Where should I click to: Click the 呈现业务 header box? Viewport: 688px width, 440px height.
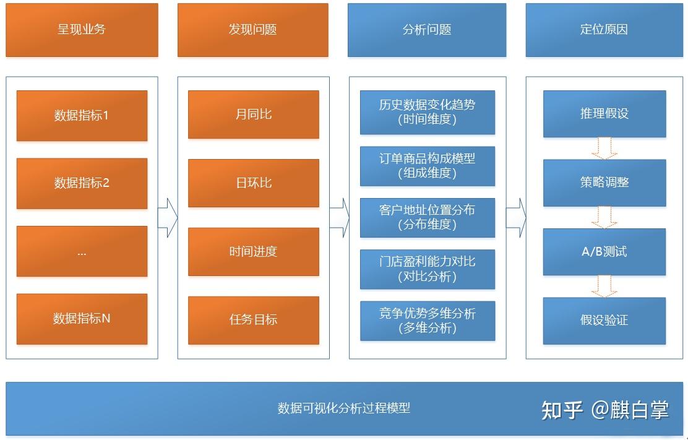click(82, 30)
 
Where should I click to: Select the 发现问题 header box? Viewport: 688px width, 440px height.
click(252, 30)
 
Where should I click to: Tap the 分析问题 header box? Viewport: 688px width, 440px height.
click(427, 30)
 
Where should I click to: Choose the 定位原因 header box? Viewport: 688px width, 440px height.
click(604, 30)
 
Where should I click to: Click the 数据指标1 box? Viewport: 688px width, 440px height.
click(82, 116)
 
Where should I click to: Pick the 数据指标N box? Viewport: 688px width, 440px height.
click(82, 319)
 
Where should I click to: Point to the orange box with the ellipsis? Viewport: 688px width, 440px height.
click(82, 251)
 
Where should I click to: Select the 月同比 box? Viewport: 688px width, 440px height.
click(253, 114)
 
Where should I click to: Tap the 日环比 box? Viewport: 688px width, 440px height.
click(253, 183)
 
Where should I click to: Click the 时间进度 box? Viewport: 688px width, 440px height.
click(253, 251)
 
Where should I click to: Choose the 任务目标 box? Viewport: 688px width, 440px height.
click(253, 320)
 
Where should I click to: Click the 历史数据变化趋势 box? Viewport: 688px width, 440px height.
click(428, 112)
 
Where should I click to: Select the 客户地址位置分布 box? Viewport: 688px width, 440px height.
click(428, 217)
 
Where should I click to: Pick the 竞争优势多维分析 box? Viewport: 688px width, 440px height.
click(428, 320)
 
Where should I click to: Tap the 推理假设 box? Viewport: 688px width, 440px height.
click(604, 114)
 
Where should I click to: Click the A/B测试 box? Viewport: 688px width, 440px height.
click(604, 252)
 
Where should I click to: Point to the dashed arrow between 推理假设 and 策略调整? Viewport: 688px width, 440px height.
click(604, 148)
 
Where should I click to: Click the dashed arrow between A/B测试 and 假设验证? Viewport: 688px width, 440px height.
click(604, 286)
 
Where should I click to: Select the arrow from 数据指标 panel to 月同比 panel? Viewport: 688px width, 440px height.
click(168, 217)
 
